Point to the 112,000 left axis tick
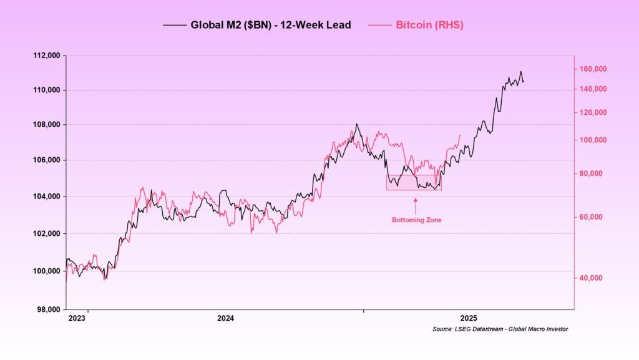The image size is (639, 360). tap(47, 56)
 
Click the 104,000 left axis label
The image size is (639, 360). tap(47, 197)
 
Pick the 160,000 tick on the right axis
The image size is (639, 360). tap(590, 69)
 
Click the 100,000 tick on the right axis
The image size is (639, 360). tap(590, 140)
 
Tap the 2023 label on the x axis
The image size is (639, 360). tap(76, 318)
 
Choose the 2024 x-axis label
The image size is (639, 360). tap(225, 318)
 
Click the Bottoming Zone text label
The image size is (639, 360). tap(416, 220)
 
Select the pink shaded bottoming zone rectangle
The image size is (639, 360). tap(414, 182)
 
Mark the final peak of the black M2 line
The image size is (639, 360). tap(520, 72)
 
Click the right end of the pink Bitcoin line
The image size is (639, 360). tap(460, 135)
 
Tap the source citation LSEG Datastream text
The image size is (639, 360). tap(500, 329)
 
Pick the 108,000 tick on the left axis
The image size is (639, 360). tap(47, 124)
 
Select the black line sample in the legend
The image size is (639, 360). tap(175, 25)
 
